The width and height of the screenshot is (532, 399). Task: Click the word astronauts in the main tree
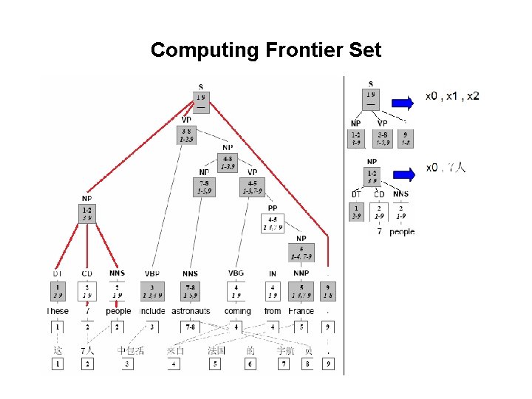(x=191, y=311)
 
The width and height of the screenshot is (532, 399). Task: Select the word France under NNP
(x=301, y=311)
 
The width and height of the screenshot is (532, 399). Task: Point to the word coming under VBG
(x=237, y=311)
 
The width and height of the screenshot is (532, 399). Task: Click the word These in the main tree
(x=58, y=311)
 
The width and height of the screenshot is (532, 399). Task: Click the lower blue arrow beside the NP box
(x=405, y=174)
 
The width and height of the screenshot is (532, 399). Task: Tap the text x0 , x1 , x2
(x=452, y=96)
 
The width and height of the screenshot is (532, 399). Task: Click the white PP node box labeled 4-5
(x=272, y=223)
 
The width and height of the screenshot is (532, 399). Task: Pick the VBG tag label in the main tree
(x=236, y=273)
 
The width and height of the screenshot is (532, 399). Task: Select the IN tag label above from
(x=273, y=273)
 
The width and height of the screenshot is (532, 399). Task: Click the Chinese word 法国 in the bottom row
(x=216, y=350)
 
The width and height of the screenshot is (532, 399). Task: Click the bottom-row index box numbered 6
(x=251, y=364)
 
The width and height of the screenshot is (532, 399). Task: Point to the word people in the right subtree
(x=402, y=231)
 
